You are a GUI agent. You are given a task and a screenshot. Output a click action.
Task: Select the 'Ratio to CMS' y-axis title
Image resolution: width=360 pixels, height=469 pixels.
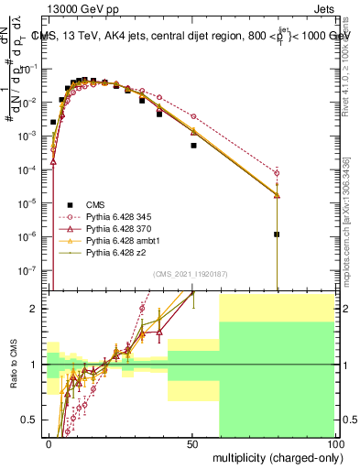click(x=12, y=365)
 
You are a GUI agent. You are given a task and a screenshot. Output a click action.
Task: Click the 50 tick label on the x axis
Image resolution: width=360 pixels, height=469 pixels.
click(x=192, y=443)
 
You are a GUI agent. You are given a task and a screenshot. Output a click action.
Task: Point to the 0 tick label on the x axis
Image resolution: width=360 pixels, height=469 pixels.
click(x=49, y=443)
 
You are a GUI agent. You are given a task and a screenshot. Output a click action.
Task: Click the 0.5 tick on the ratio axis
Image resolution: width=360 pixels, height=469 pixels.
click(x=34, y=420)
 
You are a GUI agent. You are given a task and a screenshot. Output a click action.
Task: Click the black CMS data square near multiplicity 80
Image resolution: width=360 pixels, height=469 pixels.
click(x=277, y=234)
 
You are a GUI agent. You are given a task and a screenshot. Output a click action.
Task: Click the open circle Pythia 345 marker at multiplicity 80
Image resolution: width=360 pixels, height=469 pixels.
click(x=277, y=173)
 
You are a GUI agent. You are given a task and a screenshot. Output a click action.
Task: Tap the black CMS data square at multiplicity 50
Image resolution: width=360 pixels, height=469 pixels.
click(x=193, y=146)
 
